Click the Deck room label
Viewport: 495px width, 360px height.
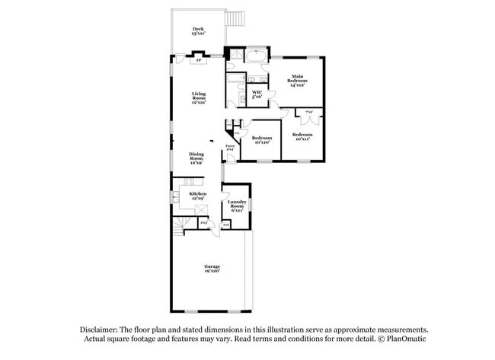tap(197, 31)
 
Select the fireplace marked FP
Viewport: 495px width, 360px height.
tap(199, 60)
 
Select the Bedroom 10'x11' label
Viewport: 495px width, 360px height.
tap(302, 138)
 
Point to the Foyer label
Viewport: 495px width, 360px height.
tap(229, 148)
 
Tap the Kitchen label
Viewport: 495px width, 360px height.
tap(197, 196)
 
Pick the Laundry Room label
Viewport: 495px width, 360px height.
tap(237, 205)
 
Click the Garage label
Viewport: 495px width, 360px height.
tap(212, 268)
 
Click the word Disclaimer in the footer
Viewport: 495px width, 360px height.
tap(103, 330)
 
